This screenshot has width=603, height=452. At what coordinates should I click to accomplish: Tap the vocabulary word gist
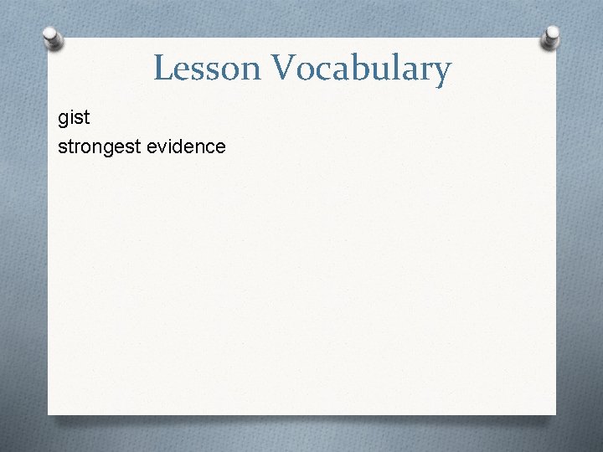point(74,119)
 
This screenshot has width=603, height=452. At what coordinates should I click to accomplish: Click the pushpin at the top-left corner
point(53,38)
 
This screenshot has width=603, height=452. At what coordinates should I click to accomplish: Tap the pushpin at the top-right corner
point(551,36)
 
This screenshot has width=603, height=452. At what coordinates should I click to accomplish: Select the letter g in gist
point(64,120)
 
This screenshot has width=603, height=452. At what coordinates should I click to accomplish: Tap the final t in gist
point(86,119)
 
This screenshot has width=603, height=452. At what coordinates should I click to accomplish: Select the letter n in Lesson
point(242,70)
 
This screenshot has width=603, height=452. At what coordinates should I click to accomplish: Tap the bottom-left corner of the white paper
point(49,413)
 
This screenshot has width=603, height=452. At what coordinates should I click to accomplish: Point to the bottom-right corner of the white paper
point(555,413)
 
